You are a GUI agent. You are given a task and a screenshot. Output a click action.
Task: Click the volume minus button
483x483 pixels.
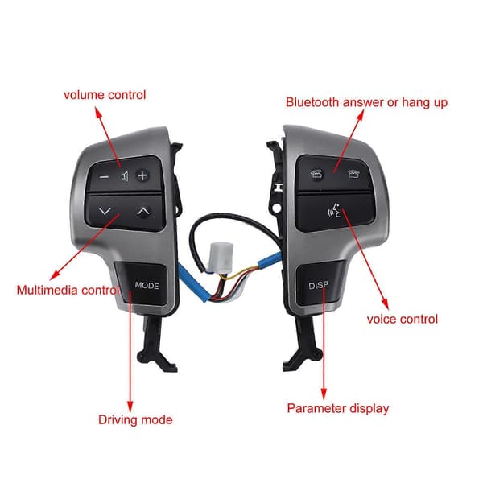pos(104,177)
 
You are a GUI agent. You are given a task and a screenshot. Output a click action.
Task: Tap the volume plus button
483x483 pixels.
pos(142,175)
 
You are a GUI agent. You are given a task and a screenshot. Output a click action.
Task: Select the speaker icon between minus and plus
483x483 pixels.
pos(125,176)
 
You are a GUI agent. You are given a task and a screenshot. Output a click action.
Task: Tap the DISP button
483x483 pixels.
pos(320,284)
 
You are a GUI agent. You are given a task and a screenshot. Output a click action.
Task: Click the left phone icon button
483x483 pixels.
pos(317,175)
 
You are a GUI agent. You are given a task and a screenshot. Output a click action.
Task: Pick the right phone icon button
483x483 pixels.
pos(353,175)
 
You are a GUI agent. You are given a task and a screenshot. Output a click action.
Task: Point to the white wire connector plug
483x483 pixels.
pos(221,258)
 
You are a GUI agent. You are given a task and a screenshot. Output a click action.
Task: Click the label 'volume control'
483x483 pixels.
pos(105,95)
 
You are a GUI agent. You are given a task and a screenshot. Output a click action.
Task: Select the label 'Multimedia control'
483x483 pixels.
pos(68,290)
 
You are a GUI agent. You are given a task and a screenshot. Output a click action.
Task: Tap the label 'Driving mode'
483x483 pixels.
pos(135,420)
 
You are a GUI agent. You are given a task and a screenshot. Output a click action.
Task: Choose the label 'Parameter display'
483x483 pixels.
pos(338,408)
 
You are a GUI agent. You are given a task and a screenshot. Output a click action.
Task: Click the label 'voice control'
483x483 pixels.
pos(402,319)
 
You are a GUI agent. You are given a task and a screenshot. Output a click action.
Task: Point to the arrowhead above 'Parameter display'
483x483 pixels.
pos(324,394)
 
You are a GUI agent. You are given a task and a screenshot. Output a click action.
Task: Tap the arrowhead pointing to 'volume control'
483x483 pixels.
pos(98,113)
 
